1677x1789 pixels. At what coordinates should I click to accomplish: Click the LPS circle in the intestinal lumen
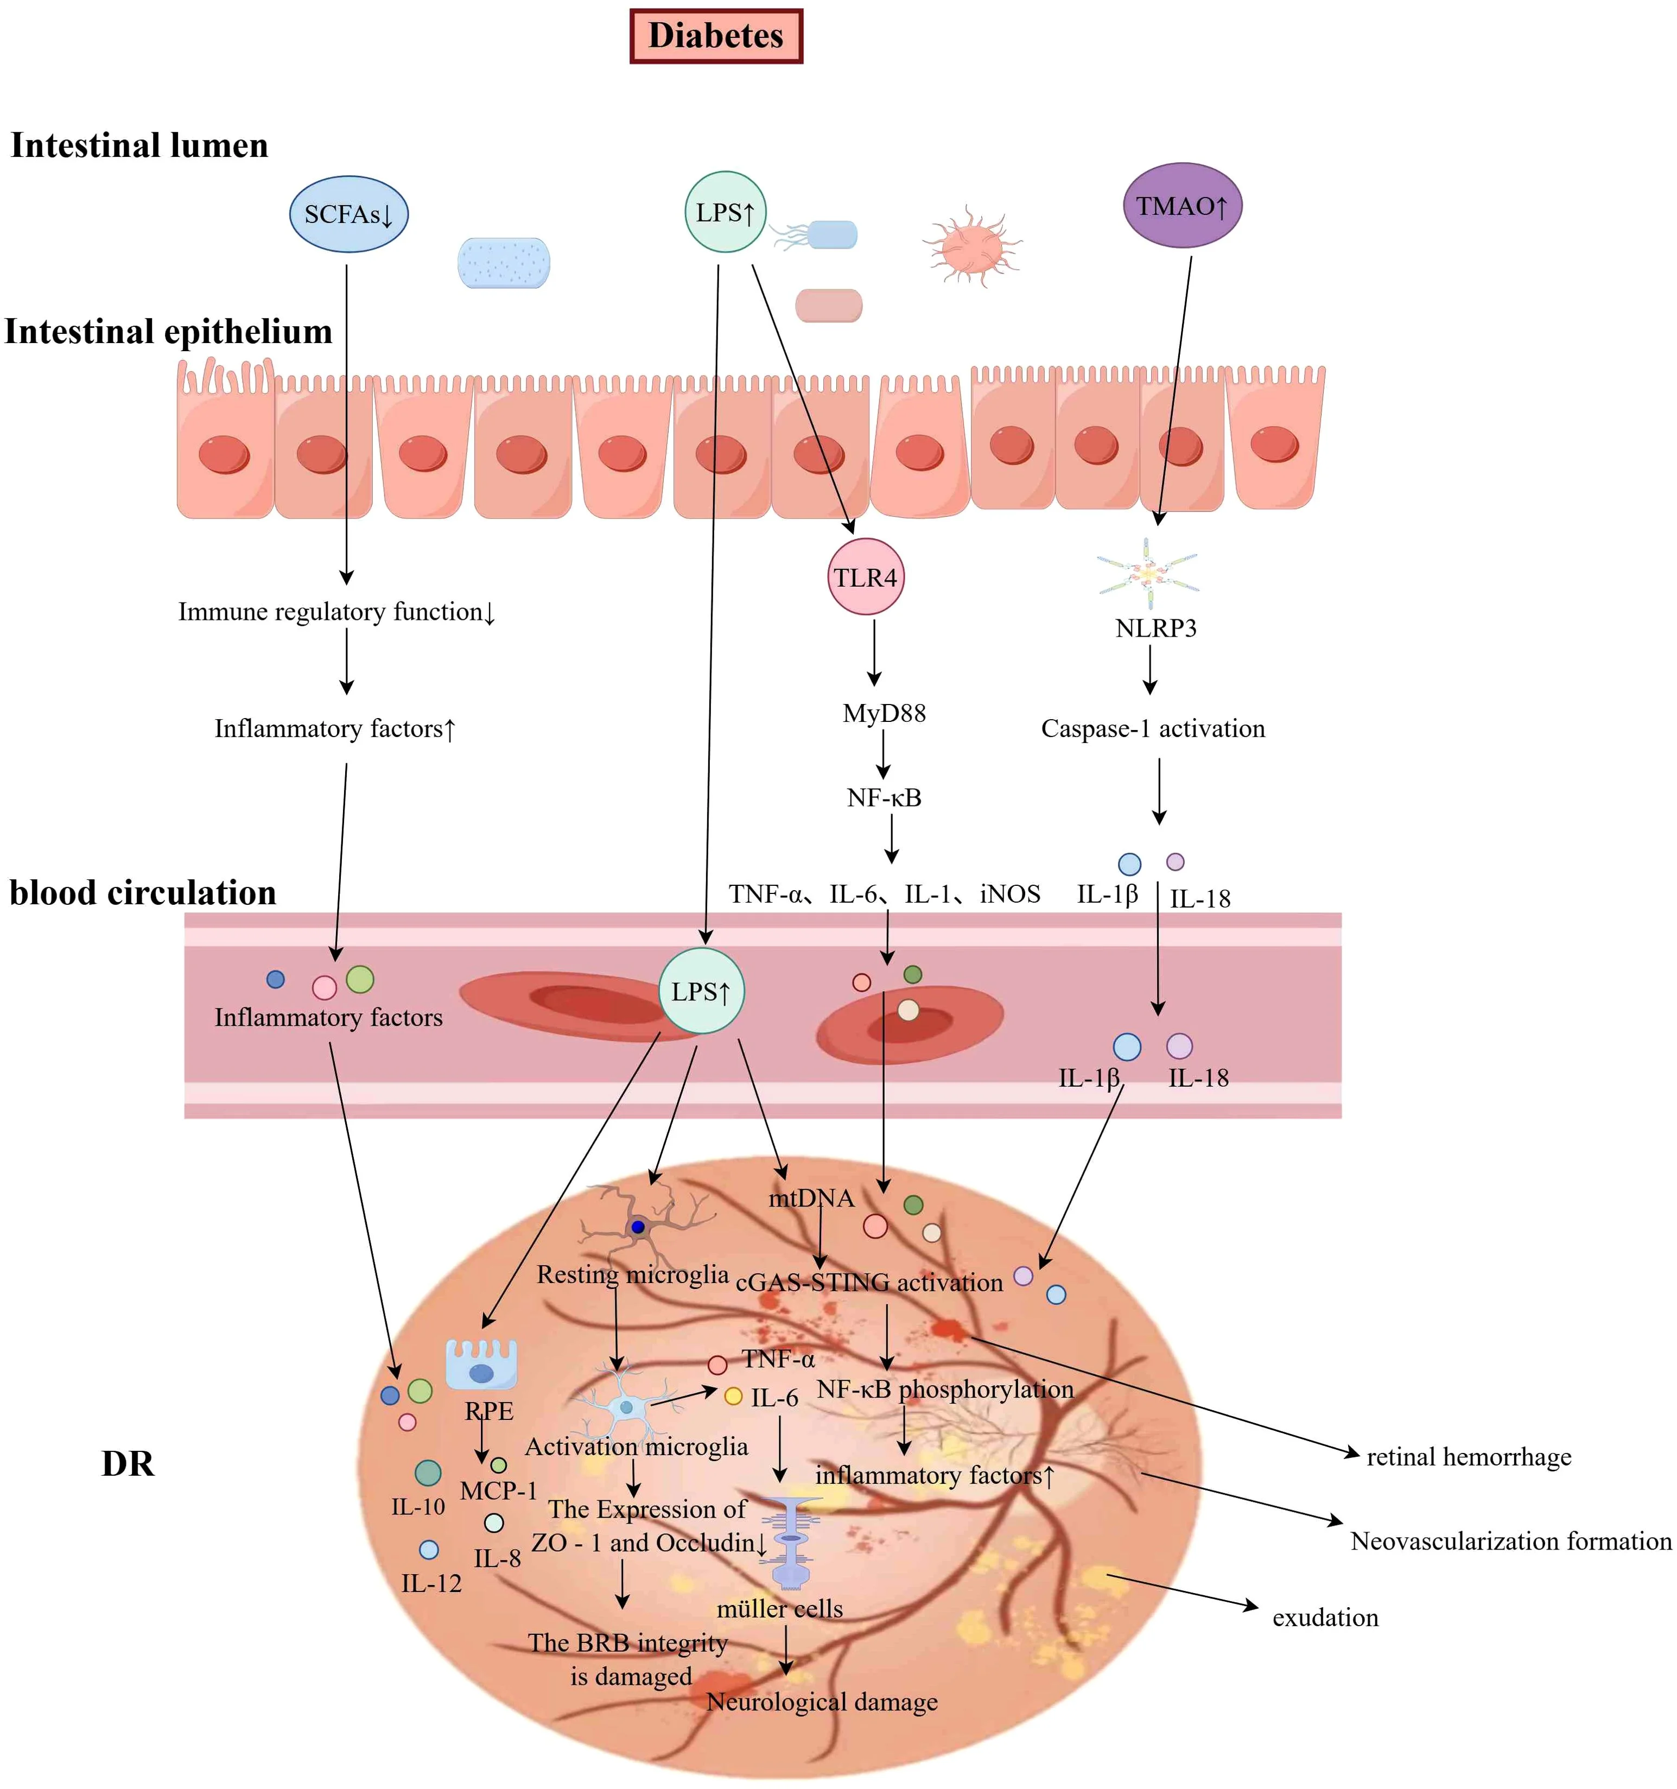click(x=725, y=212)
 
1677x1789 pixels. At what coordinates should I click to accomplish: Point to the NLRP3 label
click(x=1155, y=628)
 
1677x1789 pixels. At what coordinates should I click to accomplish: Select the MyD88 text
click(x=884, y=714)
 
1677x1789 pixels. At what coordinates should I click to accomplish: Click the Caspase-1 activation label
click(x=1153, y=728)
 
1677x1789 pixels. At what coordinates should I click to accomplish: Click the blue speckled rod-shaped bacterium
click(x=504, y=263)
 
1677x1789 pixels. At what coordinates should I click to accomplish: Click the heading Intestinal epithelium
click(x=168, y=331)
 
